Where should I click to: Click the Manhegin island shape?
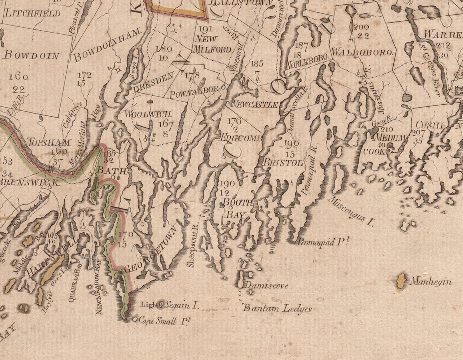tap(402, 282)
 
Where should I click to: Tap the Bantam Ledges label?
tap(277, 308)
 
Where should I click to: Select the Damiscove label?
tap(267, 285)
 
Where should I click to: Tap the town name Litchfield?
tap(32, 13)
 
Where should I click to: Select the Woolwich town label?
tap(148, 114)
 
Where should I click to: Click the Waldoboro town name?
tap(362, 53)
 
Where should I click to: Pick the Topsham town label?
tap(49, 143)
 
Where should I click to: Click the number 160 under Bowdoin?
tap(18, 77)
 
